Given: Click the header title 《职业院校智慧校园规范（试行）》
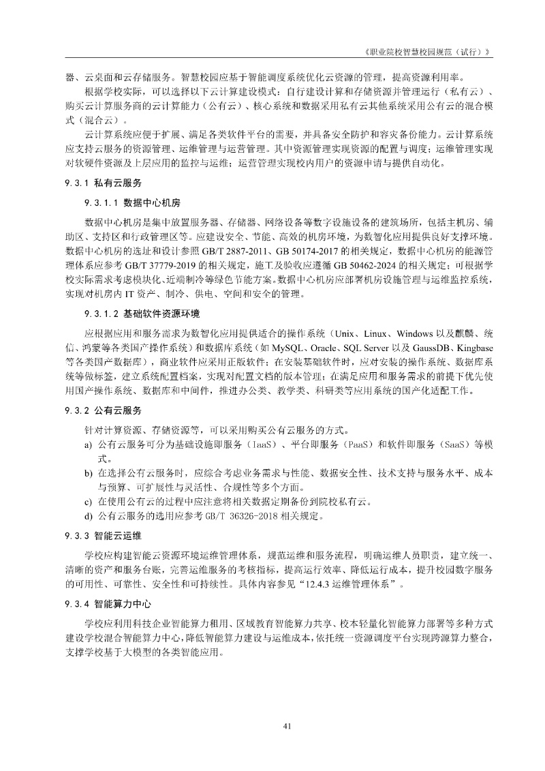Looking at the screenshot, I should pos(428,52).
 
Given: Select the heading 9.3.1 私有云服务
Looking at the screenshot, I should pos(104,183).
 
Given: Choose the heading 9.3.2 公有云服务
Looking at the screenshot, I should pos(104,410).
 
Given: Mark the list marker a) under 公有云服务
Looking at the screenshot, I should pos(89,445).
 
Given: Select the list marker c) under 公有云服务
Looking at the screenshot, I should pos(89,502).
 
